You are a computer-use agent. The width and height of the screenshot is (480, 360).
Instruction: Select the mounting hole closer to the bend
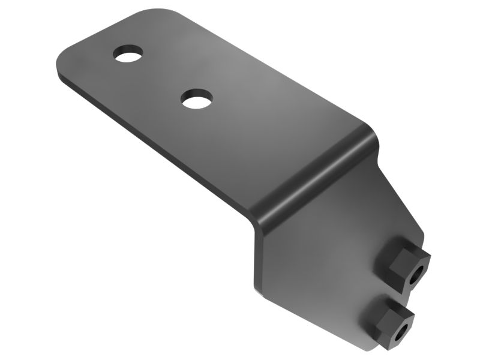click(x=197, y=98)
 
